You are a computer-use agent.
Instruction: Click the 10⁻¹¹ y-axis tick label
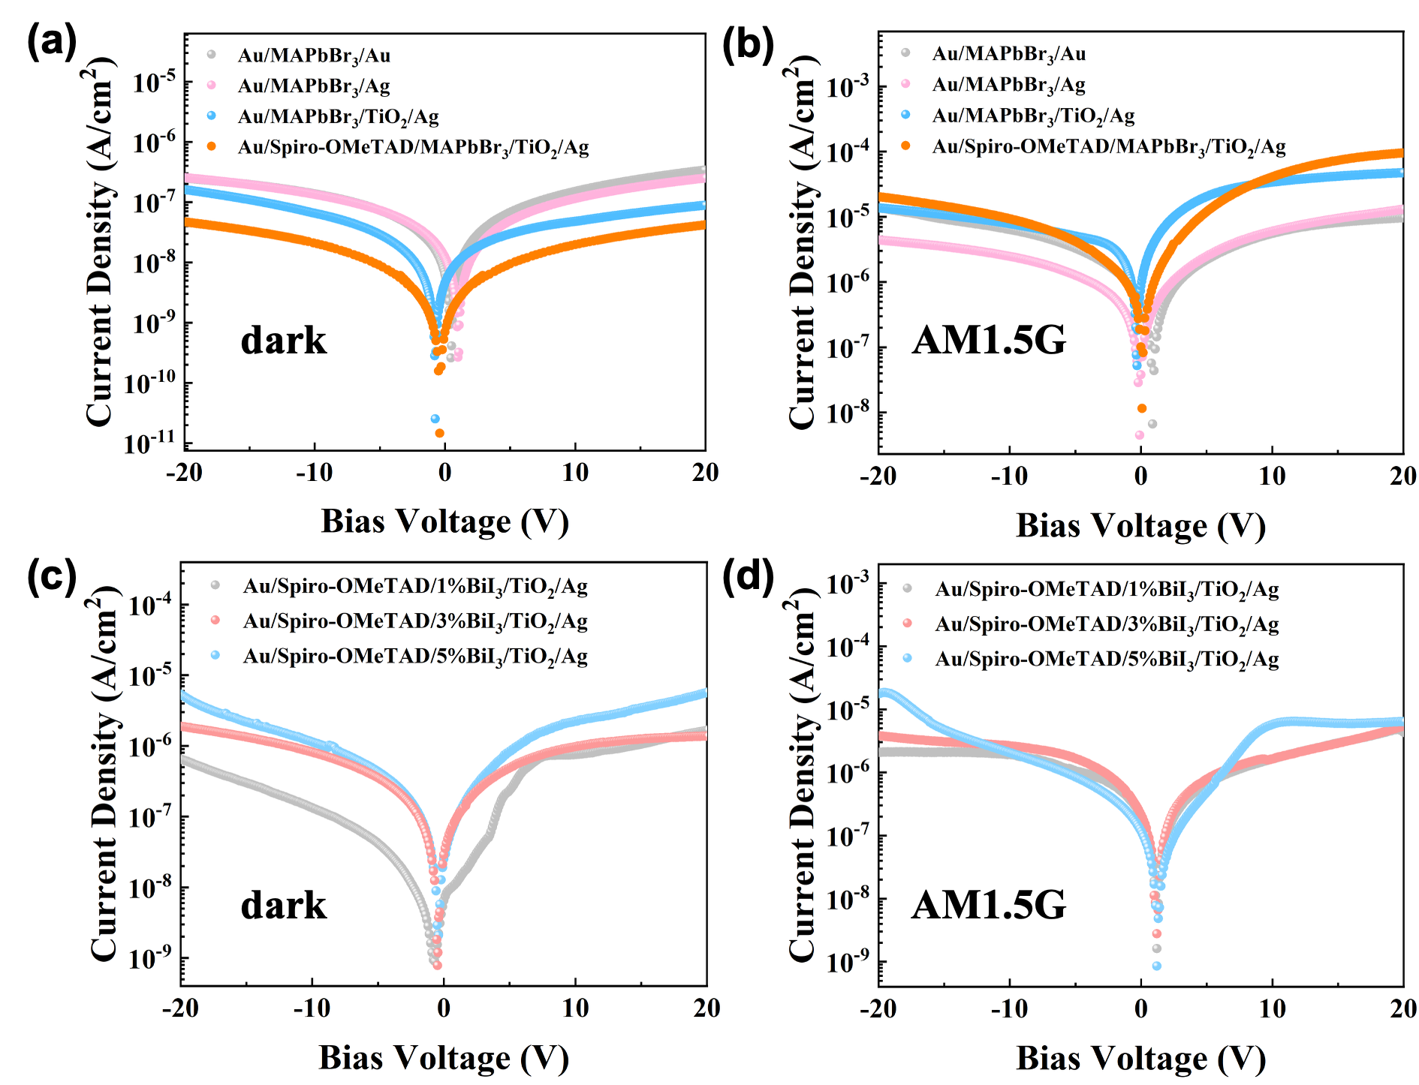[153, 443]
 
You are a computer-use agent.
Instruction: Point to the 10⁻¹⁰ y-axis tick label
[153, 383]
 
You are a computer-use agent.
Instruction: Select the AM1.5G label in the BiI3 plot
[989, 904]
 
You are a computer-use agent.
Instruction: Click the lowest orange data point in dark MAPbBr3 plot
[439, 433]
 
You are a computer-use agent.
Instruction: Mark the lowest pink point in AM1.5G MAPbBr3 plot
[1140, 435]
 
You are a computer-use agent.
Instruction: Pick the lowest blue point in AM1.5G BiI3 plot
[1157, 966]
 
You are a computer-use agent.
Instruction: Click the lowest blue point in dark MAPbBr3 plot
[435, 419]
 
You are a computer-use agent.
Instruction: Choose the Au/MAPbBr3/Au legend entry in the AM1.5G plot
[1008, 53]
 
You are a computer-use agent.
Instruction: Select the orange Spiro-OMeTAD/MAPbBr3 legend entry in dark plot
[413, 147]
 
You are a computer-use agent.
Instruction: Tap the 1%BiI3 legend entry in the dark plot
[414, 586]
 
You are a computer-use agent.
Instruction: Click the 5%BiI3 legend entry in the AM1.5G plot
[1106, 659]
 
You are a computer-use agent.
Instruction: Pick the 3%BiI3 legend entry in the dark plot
[414, 621]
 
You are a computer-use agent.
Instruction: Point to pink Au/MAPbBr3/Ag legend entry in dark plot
[314, 86]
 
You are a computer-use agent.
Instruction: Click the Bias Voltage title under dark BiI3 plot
[444, 1057]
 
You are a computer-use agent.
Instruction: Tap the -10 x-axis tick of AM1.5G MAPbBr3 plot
[1009, 476]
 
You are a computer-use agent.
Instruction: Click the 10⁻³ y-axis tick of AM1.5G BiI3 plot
[848, 583]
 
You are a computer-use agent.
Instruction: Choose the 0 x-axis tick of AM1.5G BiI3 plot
[1140, 1008]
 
